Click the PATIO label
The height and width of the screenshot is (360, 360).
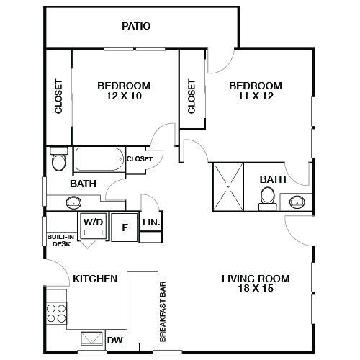[135, 27]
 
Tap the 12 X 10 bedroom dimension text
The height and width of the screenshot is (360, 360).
[123, 96]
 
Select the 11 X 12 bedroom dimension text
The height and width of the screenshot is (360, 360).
[255, 96]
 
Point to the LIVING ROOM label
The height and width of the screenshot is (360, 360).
[255, 279]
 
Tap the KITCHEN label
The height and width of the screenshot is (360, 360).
[94, 278]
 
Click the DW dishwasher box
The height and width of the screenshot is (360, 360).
[114, 340]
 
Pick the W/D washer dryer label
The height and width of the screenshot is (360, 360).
[93, 222]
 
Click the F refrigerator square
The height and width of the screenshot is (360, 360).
[125, 228]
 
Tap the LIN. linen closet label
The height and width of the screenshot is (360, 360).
[151, 223]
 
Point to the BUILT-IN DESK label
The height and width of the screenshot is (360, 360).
[60, 240]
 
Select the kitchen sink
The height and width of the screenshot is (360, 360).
[91, 338]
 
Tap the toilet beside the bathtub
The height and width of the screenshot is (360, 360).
[59, 161]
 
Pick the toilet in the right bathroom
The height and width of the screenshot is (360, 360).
[268, 196]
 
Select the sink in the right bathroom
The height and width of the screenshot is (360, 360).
[297, 202]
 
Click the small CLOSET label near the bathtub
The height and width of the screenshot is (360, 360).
[139, 158]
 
